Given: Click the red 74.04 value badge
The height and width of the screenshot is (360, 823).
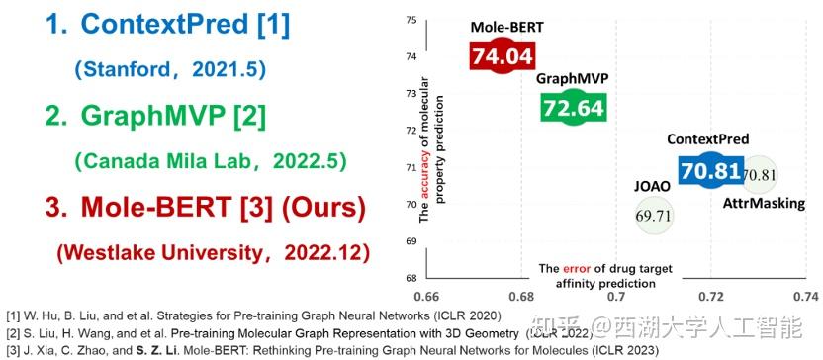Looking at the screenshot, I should click(500, 58).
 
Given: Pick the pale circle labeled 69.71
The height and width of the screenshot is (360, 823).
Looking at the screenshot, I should click(653, 214).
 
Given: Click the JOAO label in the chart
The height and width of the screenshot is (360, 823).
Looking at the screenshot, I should click(652, 185).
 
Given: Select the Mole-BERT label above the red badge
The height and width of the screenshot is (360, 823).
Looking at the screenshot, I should click(499, 30).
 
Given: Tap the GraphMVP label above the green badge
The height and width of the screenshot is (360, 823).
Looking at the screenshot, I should click(571, 80).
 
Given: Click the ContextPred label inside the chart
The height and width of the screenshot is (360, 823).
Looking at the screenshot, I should click(707, 140).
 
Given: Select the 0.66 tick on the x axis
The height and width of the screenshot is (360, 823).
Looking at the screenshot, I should click(427, 296).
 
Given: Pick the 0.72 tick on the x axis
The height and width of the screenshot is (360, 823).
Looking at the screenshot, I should click(711, 296).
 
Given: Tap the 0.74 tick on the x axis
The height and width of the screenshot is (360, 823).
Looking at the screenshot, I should click(805, 296).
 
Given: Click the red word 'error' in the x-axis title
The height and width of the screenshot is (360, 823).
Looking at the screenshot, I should click(576, 268).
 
